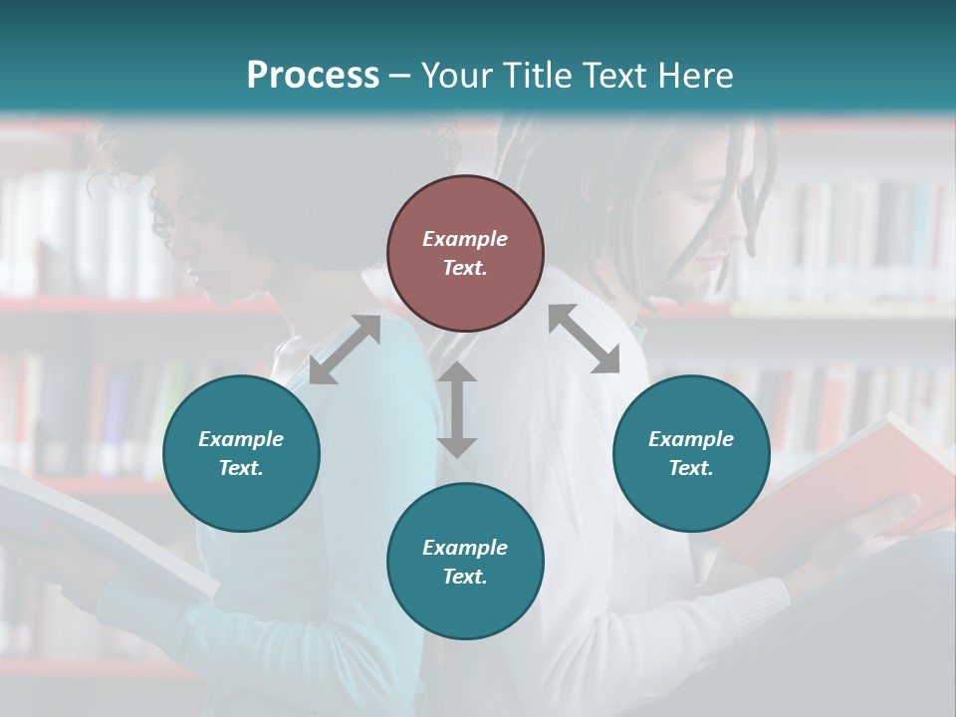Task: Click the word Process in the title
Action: click(313, 75)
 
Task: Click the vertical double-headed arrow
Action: click(457, 409)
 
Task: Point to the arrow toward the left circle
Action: click(345, 350)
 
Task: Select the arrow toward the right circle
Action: click(585, 339)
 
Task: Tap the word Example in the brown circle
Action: click(465, 239)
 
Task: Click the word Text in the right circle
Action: click(691, 468)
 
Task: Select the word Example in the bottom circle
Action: click(465, 548)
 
